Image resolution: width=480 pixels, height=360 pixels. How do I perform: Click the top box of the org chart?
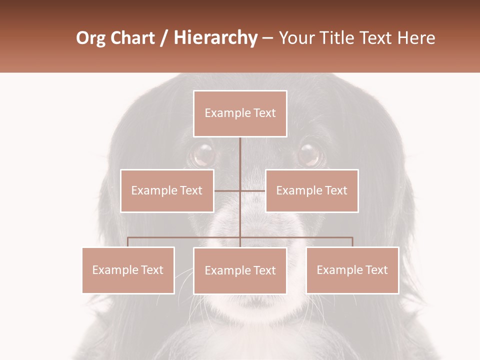point(240,113)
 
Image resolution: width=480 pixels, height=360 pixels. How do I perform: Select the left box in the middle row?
point(167,190)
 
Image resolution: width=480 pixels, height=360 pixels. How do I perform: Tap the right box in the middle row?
point(311,190)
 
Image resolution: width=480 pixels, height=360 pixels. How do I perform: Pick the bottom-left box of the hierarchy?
point(128,270)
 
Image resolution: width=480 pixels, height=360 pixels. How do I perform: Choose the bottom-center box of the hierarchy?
point(240,270)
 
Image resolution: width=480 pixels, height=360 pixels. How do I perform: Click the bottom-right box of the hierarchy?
point(352,270)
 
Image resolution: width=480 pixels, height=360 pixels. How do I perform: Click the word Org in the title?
point(90,38)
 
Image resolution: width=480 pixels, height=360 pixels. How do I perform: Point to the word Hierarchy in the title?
point(215,38)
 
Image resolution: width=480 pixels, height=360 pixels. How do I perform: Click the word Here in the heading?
point(416,38)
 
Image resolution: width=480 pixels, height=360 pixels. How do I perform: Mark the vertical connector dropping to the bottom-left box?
point(128,242)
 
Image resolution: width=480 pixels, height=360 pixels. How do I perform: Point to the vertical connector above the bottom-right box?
point(352,242)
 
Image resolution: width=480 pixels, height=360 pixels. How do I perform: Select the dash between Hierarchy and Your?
point(267,38)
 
